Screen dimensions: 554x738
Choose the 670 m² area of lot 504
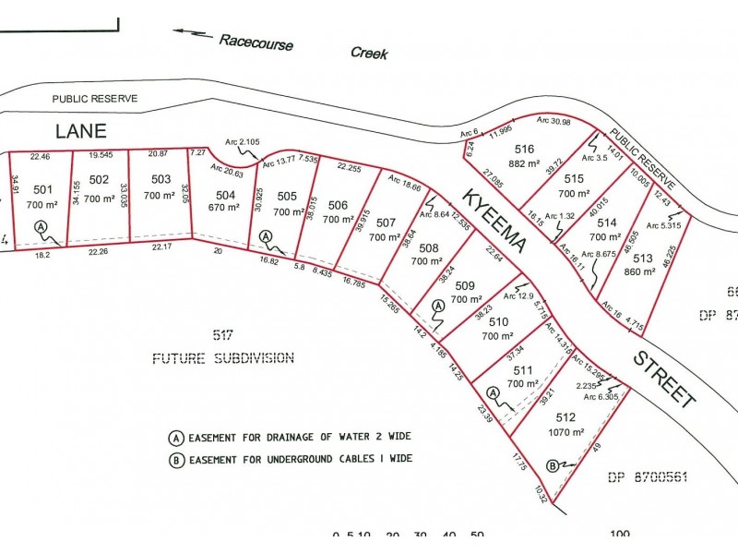click(x=225, y=208)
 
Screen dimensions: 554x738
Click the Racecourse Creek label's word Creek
click(x=369, y=53)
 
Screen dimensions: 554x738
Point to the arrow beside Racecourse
click(x=191, y=33)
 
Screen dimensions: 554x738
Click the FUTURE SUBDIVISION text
click(x=223, y=358)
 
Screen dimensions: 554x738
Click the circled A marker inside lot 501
click(x=41, y=227)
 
